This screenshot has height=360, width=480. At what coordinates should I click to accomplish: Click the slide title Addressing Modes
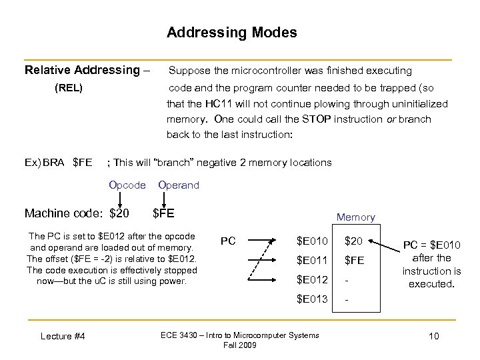(x=232, y=33)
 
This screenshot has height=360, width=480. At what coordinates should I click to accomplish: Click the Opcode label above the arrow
(x=127, y=185)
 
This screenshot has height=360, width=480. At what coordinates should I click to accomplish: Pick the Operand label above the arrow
(x=179, y=185)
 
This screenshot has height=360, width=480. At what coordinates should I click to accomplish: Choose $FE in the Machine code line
(x=163, y=213)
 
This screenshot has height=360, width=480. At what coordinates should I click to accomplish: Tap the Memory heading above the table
(x=355, y=217)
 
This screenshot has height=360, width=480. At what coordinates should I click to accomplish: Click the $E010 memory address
(x=312, y=241)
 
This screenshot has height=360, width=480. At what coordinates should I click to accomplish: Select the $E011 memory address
(x=312, y=260)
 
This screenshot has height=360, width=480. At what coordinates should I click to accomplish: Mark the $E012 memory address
(x=312, y=279)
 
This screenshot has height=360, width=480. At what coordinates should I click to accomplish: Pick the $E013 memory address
(x=312, y=299)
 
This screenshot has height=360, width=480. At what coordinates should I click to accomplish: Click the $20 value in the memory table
(x=353, y=241)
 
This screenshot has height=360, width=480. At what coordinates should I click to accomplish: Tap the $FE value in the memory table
(x=354, y=261)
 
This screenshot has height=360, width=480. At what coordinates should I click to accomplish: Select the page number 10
(x=433, y=336)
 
